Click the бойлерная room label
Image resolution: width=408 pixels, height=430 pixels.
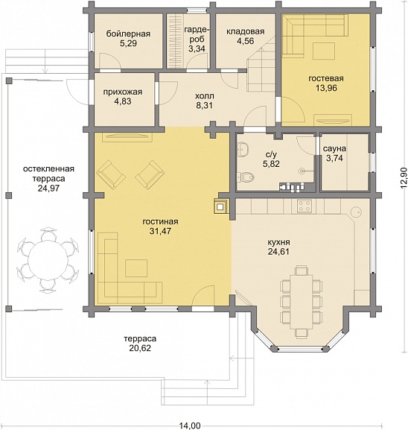[x=128, y=34]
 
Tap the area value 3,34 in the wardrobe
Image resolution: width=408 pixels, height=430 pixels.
[x=197, y=49]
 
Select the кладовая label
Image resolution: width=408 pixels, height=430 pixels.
[x=245, y=31]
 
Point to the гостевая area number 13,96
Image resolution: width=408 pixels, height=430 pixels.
[x=326, y=88]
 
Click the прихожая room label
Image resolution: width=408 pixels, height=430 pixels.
[x=123, y=92]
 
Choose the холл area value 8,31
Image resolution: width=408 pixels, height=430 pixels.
[x=204, y=105]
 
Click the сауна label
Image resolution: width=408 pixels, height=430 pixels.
[x=334, y=148]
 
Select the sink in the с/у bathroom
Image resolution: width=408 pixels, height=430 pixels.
[x=243, y=150]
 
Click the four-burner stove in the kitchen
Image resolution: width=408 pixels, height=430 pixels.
[x=304, y=206]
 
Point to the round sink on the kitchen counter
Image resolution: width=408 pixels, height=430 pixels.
[x=356, y=212]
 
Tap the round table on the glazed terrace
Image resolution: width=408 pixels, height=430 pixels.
[x=48, y=259]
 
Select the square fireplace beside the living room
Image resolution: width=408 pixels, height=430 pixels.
[x=220, y=206]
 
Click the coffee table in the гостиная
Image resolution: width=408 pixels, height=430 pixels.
[x=136, y=268]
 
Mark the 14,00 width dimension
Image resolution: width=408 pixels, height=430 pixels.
[x=190, y=426]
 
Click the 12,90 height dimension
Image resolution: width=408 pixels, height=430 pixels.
[x=404, y=178]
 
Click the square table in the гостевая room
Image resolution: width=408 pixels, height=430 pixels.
[x=324, y=51]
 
